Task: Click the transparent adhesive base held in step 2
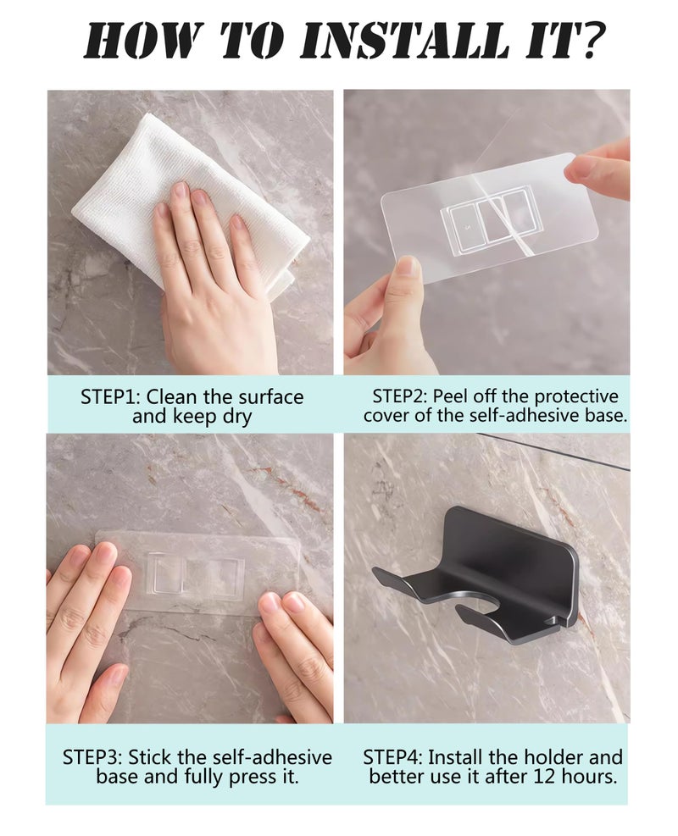pos(489,217)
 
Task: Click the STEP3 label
pos(93,757)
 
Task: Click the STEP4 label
pos(393,757)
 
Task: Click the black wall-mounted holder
pos(475,576)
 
